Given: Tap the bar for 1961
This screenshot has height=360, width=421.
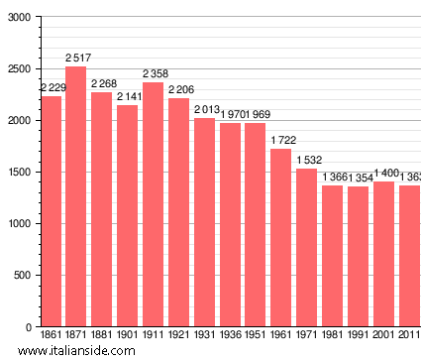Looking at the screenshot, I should [281, 237].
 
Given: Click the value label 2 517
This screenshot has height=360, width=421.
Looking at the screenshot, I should [76, 60].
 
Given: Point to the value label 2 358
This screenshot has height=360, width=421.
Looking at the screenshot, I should [153, 74].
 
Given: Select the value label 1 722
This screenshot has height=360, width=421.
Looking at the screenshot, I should [281, 141].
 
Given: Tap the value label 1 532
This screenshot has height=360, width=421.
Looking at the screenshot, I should [307, 161].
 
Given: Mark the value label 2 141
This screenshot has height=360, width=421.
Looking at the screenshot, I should [128, 97].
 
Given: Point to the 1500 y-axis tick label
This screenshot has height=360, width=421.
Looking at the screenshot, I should [18, 173].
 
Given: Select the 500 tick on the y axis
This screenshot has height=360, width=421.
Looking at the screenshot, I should [21, 276].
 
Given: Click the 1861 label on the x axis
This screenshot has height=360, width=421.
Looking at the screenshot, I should [51, 337].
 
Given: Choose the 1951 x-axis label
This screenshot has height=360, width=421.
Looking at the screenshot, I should [256, 337].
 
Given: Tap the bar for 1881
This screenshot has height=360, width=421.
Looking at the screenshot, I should [102, 209].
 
